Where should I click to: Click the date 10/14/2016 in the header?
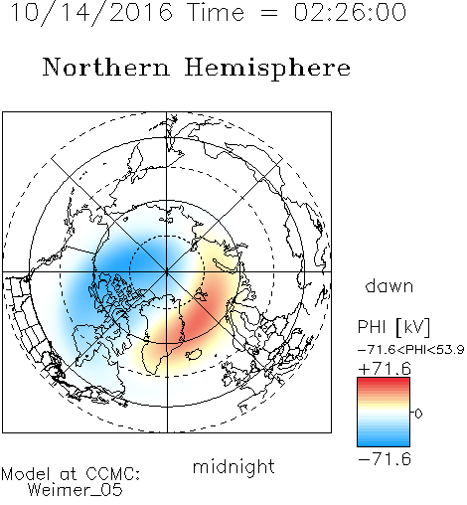(x=91, y=13)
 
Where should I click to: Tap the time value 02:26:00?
(x=350, y=12)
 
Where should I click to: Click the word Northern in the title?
(x=106, y=68)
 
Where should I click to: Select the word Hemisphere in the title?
(x=267, y=69)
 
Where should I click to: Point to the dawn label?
(x=389, y=286)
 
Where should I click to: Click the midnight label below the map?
(x=233, y=468)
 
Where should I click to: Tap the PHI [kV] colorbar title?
(x=393, y=327)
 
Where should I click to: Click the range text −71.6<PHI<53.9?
(x=410, y=350)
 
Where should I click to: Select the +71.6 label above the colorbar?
(x=385, y=369)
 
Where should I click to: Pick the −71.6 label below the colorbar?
(x=385, y=459)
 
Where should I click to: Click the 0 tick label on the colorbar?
(x=418, y=414)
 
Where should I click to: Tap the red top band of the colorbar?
(x=384, y=382)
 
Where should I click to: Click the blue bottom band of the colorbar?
(x=384, y=442)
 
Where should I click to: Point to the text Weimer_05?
(x=76, y=490)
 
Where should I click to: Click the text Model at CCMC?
(x=71, y=474)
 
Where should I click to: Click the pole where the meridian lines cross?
(x=167, y=272)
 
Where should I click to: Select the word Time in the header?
(x=216, y=12)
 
